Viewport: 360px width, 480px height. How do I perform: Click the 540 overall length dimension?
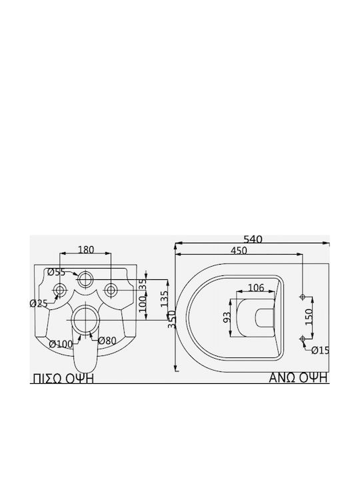tap(253, 239)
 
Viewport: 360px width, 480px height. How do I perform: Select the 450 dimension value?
tap(239, 251)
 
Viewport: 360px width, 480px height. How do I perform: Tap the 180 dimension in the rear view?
tap(86, 250)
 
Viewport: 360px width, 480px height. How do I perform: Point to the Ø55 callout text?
tap(56, 272)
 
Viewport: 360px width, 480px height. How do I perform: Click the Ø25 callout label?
tap(39, 304)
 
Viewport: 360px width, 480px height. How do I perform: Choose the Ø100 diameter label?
tap(61, 344)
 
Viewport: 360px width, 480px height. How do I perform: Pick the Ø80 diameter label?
tap(107, 341)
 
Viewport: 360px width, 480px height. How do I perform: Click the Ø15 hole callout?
tap(320, 351)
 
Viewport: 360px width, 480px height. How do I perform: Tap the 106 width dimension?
tap(255, 288)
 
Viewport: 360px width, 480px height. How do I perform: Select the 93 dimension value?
tap(227, 317)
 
